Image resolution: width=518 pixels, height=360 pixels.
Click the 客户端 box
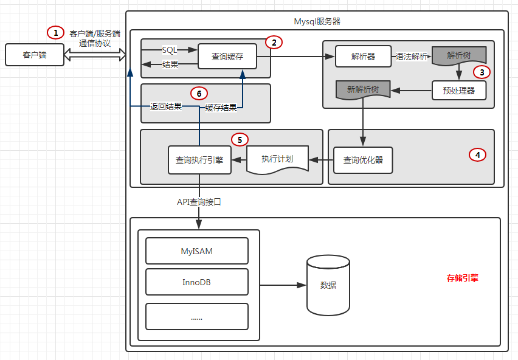[35, 55]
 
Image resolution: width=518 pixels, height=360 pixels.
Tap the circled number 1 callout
[55, 32]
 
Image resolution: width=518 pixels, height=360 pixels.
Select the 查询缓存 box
[228, 57]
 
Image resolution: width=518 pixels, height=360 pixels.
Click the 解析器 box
[363, 57]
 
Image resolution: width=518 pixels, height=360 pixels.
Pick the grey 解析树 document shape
[459, 55]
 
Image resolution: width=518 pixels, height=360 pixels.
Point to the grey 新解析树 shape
[364, 90]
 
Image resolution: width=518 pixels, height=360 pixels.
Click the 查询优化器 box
[363, 161]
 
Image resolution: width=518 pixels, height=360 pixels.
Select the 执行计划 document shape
[277, 159]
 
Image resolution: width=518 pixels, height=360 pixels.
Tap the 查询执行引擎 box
[199, 161]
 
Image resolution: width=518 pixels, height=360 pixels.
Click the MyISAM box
[197, 251]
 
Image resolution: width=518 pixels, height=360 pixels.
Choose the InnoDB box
[197, 282]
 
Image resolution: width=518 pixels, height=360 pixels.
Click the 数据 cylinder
[328, 285]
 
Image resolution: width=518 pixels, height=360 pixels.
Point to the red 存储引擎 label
[463, 279]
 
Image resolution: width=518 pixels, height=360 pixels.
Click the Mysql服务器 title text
[317, 21]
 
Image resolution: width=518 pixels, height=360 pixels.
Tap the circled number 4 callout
[477, 155]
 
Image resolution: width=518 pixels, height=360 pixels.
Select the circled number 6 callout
[199, 93]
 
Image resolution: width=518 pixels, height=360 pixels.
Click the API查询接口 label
[199, 202]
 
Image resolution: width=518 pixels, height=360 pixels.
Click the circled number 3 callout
[482, 72]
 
